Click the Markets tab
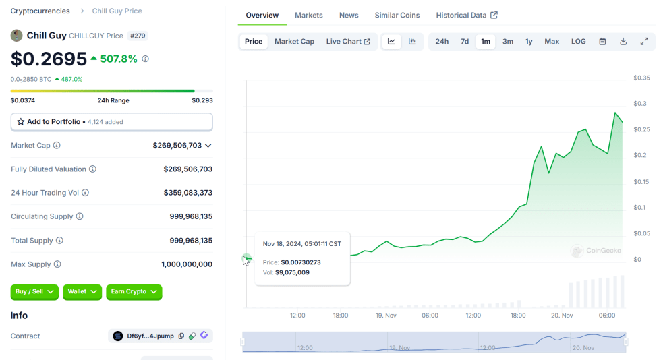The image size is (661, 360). coord(309,15)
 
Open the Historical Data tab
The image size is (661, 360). coord(466,15)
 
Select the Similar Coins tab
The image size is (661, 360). coord(397,15)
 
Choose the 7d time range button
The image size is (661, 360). coord(465,41)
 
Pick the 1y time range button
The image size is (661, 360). coord(529,41)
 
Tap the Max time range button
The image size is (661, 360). coord(552,41)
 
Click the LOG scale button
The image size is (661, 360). coord(579,41)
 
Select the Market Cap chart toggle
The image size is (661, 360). coord(294,41)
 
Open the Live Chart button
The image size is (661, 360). coord(348,41)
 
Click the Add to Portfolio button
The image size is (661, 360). coord(111,122)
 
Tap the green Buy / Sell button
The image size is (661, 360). coord(34,291)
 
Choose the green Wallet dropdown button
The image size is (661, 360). coord(82,291)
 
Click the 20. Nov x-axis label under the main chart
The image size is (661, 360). coord(562,315)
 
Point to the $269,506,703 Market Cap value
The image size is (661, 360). coord(177,145)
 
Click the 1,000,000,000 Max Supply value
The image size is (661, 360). coord(187,264)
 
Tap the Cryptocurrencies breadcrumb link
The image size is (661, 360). coord(40,11)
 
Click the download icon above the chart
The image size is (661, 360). coord(623,41)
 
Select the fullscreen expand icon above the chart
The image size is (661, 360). coord(644,41)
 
